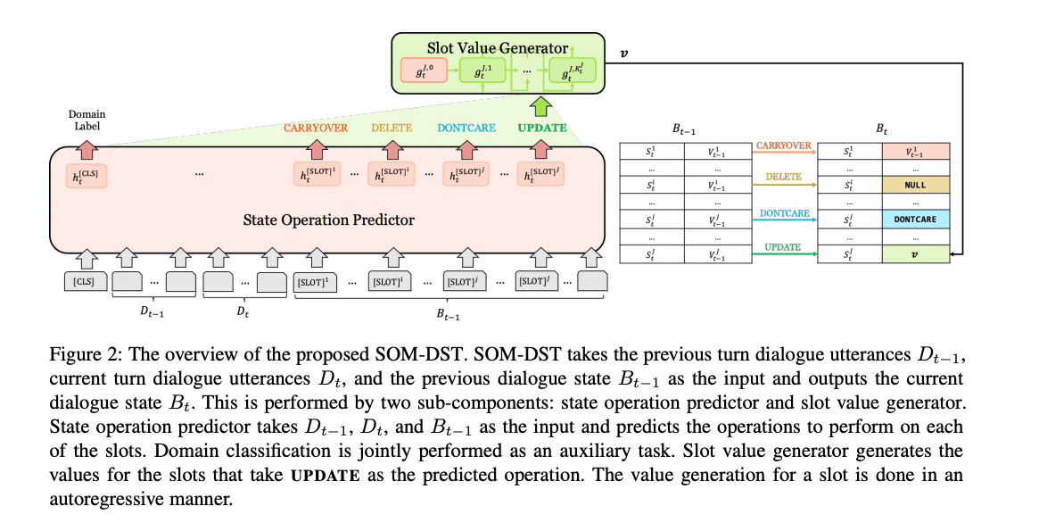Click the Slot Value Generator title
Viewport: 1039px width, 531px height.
point(498,48)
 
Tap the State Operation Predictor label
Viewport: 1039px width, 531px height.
point(326,219)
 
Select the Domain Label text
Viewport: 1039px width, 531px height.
point(87,120)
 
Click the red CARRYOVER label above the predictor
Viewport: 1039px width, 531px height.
point(315,128)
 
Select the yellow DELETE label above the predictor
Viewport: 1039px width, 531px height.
point(392,128)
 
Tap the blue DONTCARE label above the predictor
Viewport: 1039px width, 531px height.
point(467,128)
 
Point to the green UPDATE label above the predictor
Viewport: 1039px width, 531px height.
point(542,128)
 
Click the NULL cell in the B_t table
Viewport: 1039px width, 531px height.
point(915,186)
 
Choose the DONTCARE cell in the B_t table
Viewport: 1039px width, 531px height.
point(915,220)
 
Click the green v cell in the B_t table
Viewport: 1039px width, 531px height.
point(915,254)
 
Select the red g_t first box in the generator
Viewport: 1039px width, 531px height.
point(417,71)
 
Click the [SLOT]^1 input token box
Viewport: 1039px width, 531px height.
point(315,282)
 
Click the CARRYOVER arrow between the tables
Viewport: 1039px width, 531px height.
point(783,152)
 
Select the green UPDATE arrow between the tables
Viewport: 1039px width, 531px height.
point(783,254)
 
